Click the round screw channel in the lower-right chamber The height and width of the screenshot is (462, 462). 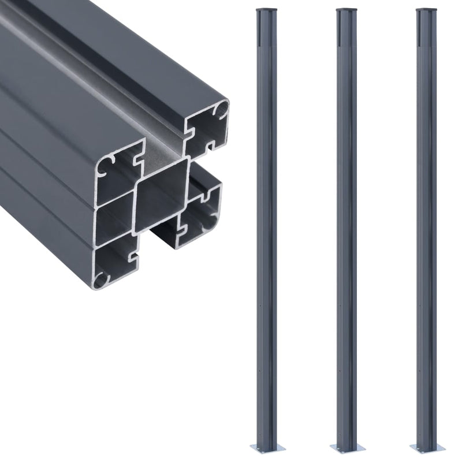point(206,199)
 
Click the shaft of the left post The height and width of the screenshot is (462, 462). point(262,231)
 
